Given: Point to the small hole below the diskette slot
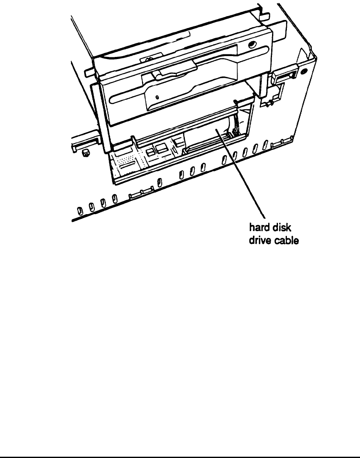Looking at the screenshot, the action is click(157, 97).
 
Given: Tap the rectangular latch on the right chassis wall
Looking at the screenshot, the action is click(282, 77).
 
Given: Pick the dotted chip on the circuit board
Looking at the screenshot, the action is click(126, 161).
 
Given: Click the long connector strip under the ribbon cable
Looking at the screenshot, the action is click(208, 144).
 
